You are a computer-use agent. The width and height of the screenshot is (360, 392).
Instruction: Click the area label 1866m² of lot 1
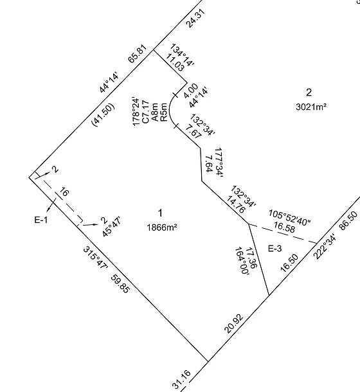pos(162,227)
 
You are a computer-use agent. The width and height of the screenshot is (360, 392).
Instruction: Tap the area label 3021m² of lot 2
pos(311,107)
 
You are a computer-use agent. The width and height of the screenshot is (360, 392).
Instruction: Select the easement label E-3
pos(275,249)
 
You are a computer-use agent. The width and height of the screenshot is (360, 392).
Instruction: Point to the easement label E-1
pos(41,220)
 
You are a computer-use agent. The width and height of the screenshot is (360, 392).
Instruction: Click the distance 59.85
pos(120,284)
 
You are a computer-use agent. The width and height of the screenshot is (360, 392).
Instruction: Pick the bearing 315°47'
pos(95,258)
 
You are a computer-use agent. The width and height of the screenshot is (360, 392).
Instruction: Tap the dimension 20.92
pos(234,324)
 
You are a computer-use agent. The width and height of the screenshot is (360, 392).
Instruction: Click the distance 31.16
pos(182,379)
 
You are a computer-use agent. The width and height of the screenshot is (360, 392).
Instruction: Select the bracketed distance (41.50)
pos(104,115)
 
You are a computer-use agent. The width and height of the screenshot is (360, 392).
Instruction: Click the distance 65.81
pos(138,54)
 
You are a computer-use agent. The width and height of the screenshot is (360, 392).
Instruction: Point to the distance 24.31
pos(196,18)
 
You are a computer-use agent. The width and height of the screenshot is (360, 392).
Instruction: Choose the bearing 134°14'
pos(182,55)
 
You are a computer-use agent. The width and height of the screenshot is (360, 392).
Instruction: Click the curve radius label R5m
pos(164,112)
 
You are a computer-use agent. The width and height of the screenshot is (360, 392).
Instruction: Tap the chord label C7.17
pos(145,112)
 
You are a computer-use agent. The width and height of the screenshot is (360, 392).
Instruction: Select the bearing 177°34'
pos(219,163)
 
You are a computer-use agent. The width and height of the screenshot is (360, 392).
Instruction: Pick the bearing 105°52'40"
pos(289,217)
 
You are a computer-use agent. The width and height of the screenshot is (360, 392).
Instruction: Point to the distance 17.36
pos(251,258)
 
